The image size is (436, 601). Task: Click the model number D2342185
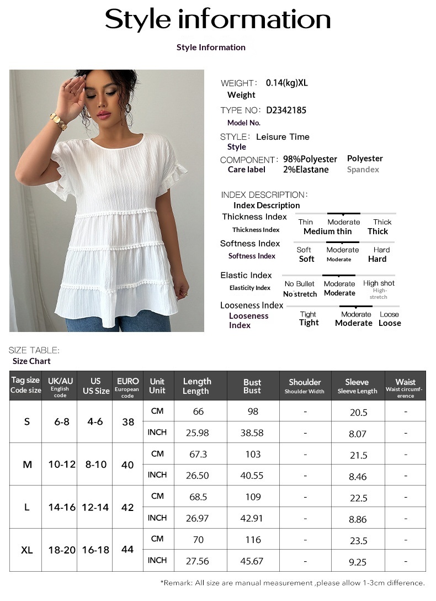click(286, 110)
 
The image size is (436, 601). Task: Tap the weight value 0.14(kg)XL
click(287, 83)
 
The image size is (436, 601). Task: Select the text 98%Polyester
click(310, 159)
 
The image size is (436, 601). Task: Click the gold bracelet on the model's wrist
click(58, 120)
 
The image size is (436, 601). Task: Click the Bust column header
click(252, 386)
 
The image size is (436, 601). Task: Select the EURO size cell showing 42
click(127, 507)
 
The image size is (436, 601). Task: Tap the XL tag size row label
click(26, 550)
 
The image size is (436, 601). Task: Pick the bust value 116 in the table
click(252, 540)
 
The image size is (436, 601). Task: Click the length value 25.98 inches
click(198, 433)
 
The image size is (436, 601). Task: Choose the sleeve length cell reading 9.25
click(358, 562)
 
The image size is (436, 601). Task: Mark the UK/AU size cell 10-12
click(61, 465)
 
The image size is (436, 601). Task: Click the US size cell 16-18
click(95, 550)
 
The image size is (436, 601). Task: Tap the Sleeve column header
click(357, 386)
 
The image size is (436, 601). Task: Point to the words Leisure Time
click(283, 137)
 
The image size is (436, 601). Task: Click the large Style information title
click(218, 20)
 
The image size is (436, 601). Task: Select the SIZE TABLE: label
click(34, 350)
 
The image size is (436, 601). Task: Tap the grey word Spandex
click(363, 170)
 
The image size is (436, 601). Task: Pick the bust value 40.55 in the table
click(252, 476)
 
